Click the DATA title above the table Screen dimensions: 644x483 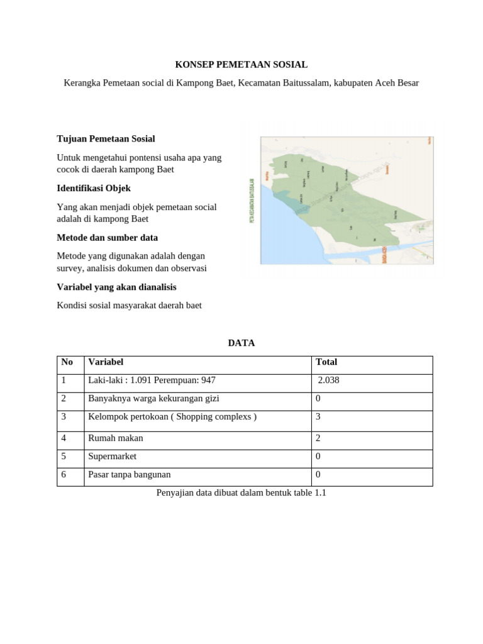241,343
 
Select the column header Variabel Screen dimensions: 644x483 106,362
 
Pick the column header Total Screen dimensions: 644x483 326,362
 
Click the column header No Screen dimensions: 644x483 67,362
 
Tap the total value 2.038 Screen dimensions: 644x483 328,380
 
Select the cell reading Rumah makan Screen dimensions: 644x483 115,438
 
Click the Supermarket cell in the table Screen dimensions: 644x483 112,457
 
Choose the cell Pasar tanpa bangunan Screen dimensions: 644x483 129,475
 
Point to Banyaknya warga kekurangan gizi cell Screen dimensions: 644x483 153,399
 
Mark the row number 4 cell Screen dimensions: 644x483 64,438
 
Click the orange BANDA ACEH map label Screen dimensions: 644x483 383,255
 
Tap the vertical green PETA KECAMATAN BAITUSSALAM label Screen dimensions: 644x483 251,200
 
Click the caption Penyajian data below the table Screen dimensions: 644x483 241,493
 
